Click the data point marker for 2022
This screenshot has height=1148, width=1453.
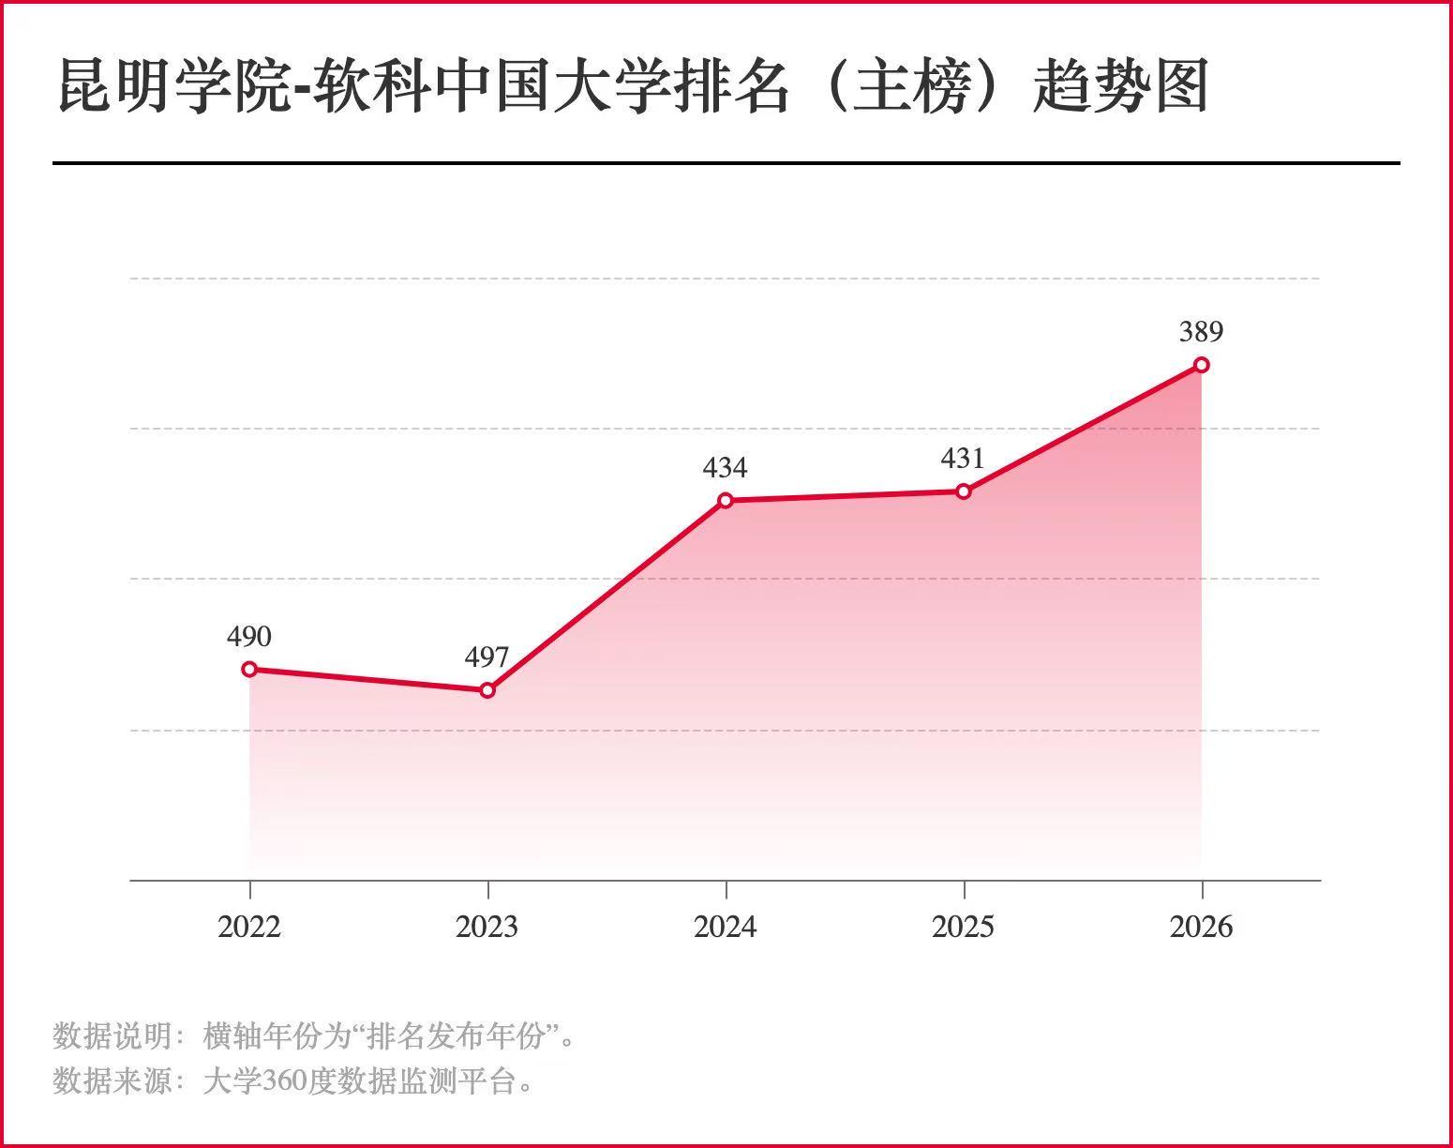click(x=249, y=669)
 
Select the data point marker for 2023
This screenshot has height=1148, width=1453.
click(x=487, y=690)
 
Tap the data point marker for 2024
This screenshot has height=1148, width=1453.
click(x=726, y=501)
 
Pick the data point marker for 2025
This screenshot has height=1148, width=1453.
click(x=964, y=491)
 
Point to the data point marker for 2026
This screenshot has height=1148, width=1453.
click(x=1202, y=365)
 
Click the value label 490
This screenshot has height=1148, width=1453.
click(x=249, y=637)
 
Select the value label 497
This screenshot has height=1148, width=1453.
click(x=487, y=657)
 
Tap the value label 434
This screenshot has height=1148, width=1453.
click(x=726, y=467)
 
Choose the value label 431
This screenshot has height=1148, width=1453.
click(x=964, y=459)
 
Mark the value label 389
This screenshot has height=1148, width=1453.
click(x=1202, y=332)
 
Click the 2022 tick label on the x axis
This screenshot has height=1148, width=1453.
click(x=249, y=927)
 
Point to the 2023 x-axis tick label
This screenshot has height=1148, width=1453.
click(x=487, y=927)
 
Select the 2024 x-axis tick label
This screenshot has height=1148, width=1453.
click(x=726, y=927)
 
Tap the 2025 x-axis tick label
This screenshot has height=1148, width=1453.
click(x=964, y=927)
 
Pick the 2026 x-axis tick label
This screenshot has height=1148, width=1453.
click(x=1202, y=927)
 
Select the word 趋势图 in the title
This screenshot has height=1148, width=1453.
click(x=1120, y=87)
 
